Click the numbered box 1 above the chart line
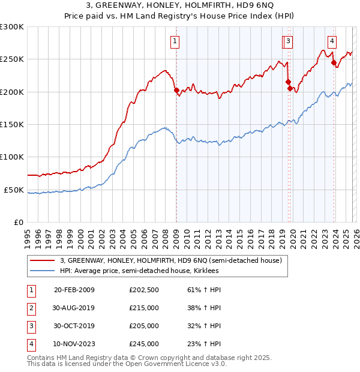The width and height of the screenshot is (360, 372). click(175, 41)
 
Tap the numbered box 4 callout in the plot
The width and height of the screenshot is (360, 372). click(332, 41)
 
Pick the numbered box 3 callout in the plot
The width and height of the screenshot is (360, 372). click(289, 41)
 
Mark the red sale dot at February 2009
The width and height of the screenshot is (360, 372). click(176, 91)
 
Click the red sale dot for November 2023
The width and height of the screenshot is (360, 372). click(334, 62)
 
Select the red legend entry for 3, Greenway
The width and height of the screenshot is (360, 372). click(175, 260)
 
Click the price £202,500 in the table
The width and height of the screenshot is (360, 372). click(144, 290)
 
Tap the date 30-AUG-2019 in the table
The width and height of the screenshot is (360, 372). click(74, 308)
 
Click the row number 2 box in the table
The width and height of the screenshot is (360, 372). click(29, 308)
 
